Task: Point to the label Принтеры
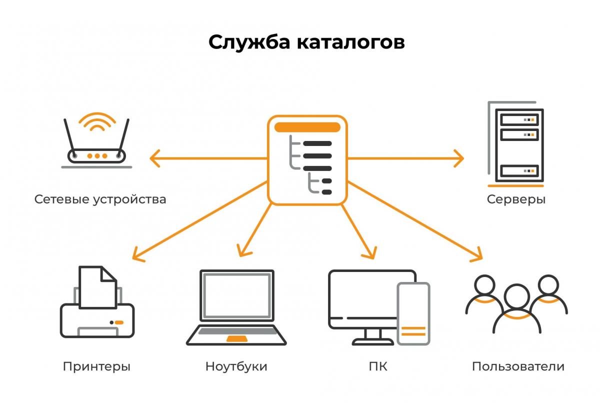[96, 367]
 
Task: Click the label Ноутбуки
[236, 367]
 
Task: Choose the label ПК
[378, 366]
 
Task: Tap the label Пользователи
[518, 366]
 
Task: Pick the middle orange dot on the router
[97, 156]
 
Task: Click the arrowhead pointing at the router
[155, 158]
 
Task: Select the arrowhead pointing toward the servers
[458, 158]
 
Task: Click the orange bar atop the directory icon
[307, 127]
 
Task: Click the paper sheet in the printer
[98, 287]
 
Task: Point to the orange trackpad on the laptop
[237, 338]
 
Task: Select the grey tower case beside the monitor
[413, 314]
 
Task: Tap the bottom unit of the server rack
[519, 171]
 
